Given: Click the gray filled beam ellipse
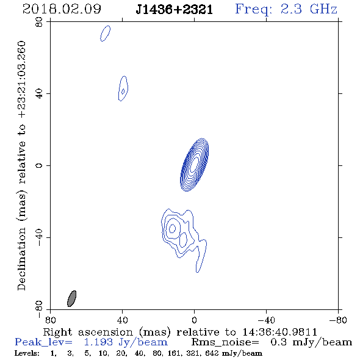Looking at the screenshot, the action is click(71, 298).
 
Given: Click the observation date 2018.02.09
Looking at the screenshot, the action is click(62, 9).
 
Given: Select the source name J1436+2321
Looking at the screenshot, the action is click(175, 10).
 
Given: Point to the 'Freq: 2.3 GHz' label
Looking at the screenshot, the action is click(286, 9).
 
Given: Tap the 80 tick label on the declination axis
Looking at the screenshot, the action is click(39, 22).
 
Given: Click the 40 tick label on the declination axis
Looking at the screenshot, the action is click(39, 94).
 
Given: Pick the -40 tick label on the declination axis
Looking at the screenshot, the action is click(39, 237).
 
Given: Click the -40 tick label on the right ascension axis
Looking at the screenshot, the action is click(266, 320).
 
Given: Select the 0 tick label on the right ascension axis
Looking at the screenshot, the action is click(194, 320).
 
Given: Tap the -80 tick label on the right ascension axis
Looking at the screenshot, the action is click(338, 320).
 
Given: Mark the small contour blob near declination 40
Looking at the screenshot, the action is click(123, 88).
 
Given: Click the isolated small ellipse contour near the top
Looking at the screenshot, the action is click(106, 34).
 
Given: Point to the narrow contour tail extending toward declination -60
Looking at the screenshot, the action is click(201, 257).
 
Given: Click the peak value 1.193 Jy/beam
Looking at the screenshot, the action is click(126, 342).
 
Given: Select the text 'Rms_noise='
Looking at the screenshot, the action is click(225, 342).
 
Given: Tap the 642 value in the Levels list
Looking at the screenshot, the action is click(214, 353).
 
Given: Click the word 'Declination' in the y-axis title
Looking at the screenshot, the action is click(21, 259).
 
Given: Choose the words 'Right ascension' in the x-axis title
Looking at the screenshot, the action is click(88, 332).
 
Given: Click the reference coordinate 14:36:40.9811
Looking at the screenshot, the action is click(279, 332).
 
